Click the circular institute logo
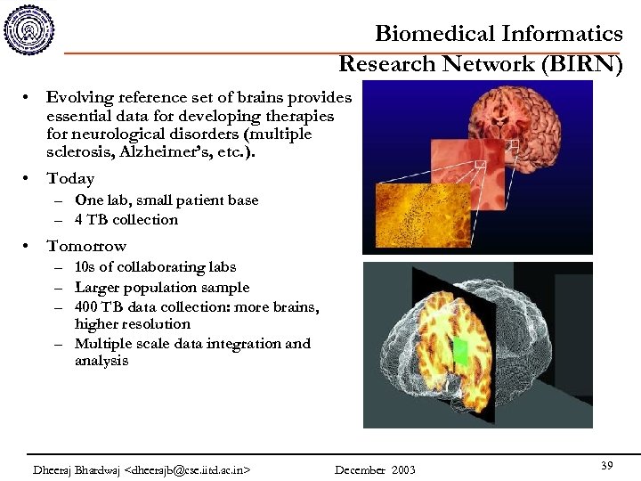coord(29,29)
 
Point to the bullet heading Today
coord(70,178)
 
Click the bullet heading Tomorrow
coord(86,246)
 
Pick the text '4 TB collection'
coord(126,219)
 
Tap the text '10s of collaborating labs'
coord(155,266)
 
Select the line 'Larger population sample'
coord(162,287)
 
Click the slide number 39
coord(606,466)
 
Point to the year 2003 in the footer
coord(402,469)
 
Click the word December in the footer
coord(360,469)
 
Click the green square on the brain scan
coord(459,350)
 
